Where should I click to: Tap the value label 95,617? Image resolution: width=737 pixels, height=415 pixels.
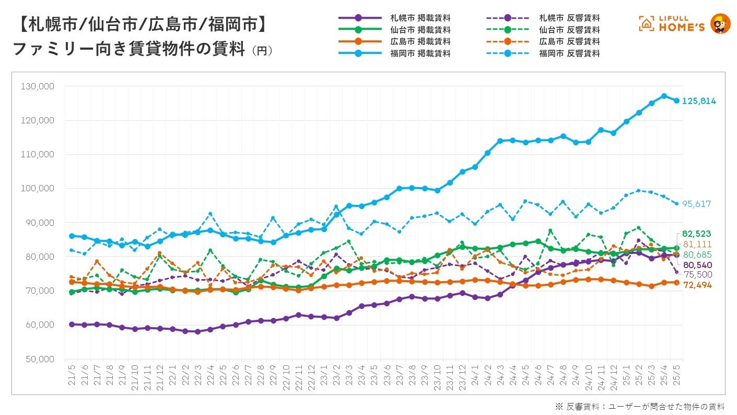(x=697, y=204)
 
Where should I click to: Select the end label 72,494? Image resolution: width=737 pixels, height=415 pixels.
(x=697, y=285)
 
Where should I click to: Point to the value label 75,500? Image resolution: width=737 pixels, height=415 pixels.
(x=697, y=274)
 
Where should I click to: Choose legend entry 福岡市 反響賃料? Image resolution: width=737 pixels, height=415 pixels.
(x=570, y=53)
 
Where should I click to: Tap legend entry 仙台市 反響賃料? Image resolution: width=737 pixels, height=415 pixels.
(x=570, y=30)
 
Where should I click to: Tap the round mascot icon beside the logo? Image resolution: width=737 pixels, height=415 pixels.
(x=720, y=24)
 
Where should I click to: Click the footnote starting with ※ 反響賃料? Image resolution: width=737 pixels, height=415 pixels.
(x=640, y=406)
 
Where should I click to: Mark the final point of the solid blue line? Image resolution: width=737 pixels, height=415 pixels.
(x=676, y=101)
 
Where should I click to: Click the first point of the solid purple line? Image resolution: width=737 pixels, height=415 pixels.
(x=72, y=325)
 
